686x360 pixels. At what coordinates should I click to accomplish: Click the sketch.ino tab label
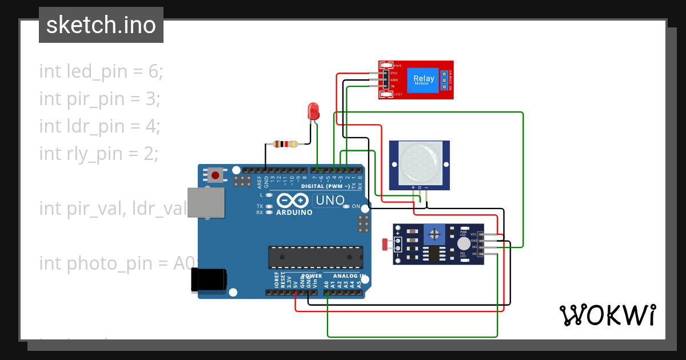101,25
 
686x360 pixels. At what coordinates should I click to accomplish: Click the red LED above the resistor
313,111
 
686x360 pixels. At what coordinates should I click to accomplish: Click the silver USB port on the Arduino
206,203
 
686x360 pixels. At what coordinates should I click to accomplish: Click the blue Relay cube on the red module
424,80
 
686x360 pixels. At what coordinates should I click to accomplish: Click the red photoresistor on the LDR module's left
385,245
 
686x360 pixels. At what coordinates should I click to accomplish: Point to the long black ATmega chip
316,257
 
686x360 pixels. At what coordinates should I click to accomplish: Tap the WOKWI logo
607,315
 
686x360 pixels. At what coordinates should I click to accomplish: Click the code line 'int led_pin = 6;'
101,71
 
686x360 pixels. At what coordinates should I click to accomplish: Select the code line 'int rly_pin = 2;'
98,153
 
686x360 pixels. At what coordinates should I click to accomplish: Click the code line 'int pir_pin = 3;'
99,99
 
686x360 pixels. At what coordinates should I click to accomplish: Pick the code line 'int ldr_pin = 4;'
99,126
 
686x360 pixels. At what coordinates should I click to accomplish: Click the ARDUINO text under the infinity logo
294,213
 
